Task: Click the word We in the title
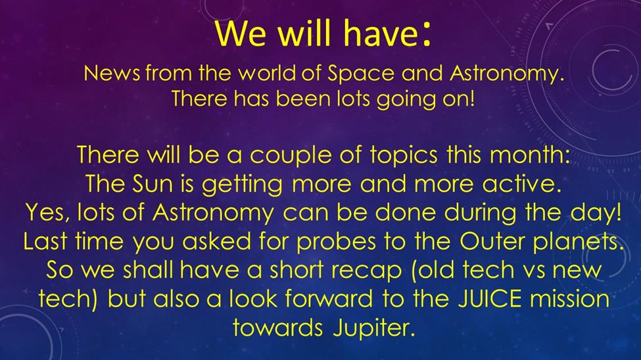coord(241,33)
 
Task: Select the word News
coord(112,74)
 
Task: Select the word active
coord(521,183)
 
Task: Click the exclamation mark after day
coord(618,212)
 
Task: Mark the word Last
coord(45,242)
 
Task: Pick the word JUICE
coord(489,299)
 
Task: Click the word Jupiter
coord(373,328)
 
